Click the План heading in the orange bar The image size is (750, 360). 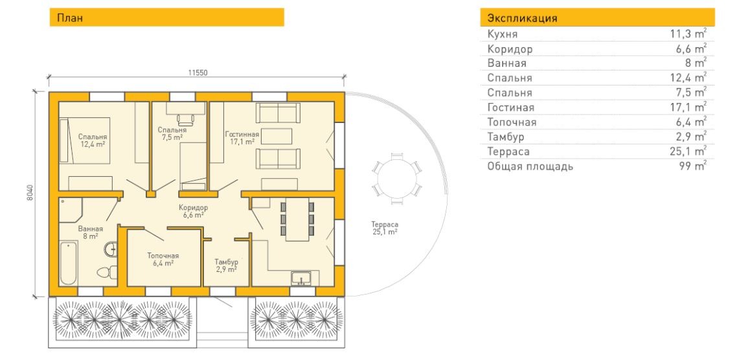(70, 18)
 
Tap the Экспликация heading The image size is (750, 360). (522, 19)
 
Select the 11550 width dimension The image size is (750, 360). (197, 73)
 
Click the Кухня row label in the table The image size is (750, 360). (502, 34)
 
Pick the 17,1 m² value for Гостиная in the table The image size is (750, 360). (688, 107)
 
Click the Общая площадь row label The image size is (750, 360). (530, 167)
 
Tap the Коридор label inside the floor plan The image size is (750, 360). (193, 208)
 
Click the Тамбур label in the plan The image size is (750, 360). (226, 262)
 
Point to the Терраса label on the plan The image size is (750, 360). (385, 225)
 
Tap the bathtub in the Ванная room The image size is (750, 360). (69, 263)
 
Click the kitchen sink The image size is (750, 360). (301, 278)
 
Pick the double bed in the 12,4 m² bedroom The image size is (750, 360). (85, 141)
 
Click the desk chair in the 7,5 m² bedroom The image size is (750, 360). (184, 118)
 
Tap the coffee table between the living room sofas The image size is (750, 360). (276, 136)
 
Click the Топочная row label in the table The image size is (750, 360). (512, 122)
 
